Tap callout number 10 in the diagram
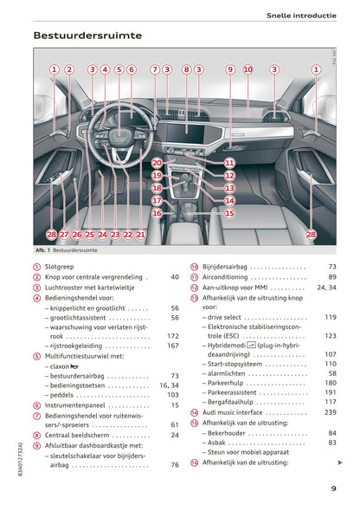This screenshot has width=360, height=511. pos(248,69)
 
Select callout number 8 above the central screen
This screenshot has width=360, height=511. pos(186,69)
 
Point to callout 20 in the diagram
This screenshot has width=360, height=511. pos(157,163)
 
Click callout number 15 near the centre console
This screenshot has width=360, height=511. pos(229,212)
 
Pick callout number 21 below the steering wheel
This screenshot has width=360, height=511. pos(141,234)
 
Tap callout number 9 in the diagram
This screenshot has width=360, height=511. pos(230,69)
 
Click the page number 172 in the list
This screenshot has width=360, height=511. pos(172,335)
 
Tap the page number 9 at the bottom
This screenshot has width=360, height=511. pos(333,488)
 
